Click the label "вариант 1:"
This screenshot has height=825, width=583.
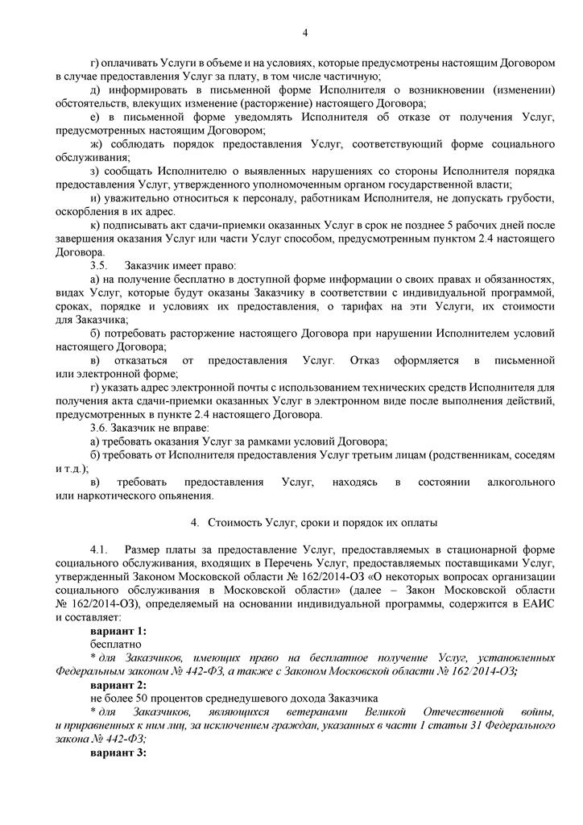118,632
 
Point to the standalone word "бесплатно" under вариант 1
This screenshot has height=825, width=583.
116,645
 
